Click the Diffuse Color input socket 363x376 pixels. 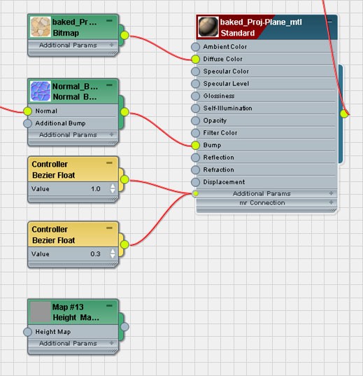[x=196, y=59]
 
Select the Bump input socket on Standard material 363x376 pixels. [x=196, y=145]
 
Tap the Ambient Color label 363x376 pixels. [x=225, y=47]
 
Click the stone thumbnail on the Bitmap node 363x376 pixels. [x=41, y=27]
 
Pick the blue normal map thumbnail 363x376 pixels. [x=41, y=91]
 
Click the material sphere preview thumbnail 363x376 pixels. [x=208, y=27]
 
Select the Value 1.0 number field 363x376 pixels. [x=96, y=189]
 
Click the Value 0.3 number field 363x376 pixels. [x=95, y=254]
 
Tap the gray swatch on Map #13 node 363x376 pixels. [x=41, y=312]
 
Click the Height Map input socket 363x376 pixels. [x=27, y=332]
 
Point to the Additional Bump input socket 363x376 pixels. [x=27, y=123]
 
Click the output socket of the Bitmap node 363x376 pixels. [x=124, y=35]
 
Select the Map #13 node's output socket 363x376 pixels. [x=124, y=326]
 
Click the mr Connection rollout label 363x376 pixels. [x=262, y=203]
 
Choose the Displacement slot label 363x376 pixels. [x=224, y=182]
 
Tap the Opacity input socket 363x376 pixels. [x=196, y=120]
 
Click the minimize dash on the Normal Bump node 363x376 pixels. [x=109, y=85]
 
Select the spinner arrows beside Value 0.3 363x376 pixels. [x=113, y=253]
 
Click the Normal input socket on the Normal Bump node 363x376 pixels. [x=27, y=111]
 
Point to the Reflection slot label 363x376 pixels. [x=218, y=158]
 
